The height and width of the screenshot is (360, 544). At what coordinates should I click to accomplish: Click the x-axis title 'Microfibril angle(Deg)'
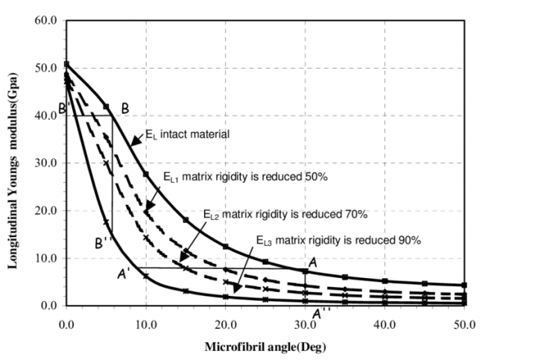pos(265,347)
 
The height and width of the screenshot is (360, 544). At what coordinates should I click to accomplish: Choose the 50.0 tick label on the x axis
pos(465,323)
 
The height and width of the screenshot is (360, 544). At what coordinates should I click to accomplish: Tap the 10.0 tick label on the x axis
pos(146,323)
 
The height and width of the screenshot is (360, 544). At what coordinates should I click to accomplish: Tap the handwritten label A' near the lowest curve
pos(124,274)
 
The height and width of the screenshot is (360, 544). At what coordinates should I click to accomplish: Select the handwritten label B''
pos(104,242)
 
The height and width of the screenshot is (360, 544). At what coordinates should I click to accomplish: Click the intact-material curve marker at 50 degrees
pos(464,285)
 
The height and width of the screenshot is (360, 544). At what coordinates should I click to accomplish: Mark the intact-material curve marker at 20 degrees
pos(225,247)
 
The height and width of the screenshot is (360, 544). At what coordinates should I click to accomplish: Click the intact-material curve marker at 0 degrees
pos(66,64)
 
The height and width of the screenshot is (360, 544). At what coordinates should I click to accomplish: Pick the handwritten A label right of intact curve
pos(312,262)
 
